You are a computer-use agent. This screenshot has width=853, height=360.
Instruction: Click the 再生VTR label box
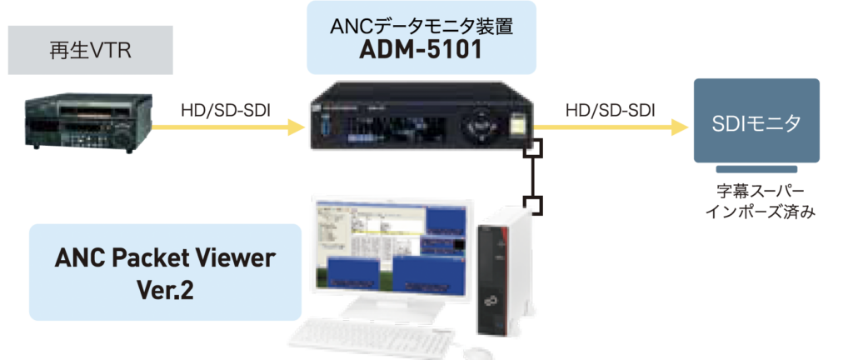click(x=90, y=50)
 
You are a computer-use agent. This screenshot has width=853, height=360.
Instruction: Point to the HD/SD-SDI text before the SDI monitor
click(x=611, y=109)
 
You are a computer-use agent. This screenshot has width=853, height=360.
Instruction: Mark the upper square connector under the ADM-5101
click(x=533, y=150)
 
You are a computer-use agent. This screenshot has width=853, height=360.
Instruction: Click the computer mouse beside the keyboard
click(x=475, y=353)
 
